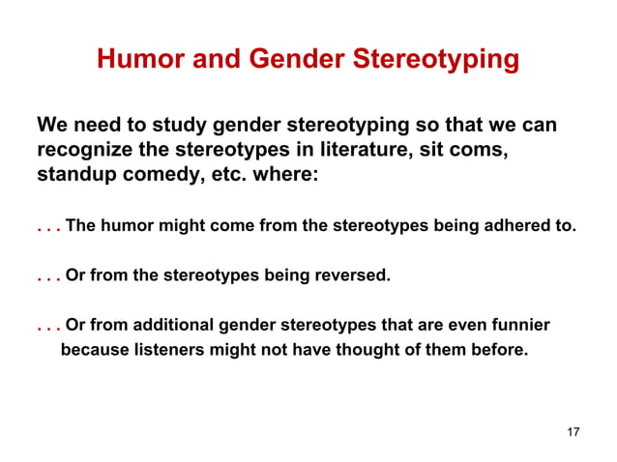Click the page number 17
coord(573,431)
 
